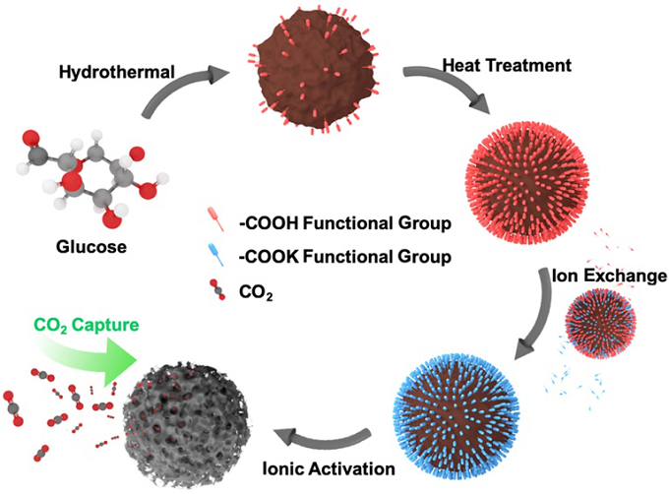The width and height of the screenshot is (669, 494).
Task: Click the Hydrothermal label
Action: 117,72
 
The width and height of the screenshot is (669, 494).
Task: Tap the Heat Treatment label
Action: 507,65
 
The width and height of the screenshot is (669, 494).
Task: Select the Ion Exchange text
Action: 610,276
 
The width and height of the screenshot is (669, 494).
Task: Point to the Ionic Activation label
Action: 329,468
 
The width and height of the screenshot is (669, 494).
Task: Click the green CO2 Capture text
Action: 87,326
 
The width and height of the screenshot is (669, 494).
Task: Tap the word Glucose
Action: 91,247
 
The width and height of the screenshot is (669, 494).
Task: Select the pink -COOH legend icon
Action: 215,219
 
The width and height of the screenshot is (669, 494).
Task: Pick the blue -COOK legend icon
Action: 215,255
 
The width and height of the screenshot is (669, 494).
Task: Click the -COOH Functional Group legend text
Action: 344,223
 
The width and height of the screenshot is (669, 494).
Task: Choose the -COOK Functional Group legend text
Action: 344,257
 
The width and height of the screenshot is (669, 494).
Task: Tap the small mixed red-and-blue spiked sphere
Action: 601,324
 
